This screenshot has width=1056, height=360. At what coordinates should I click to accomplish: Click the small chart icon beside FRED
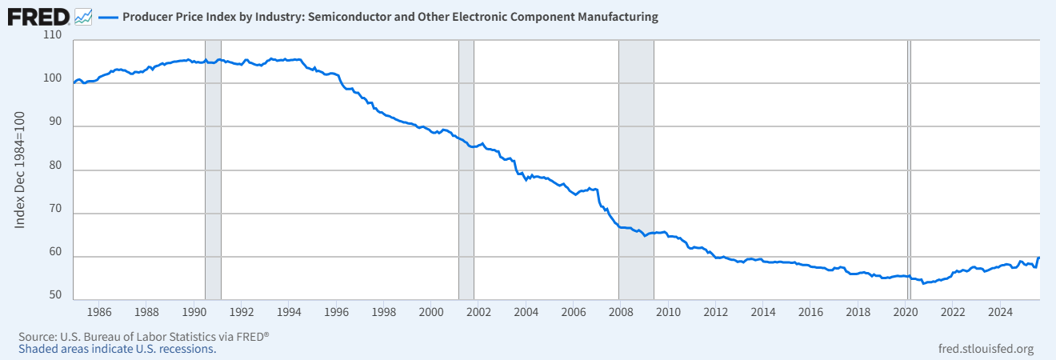[83, 16]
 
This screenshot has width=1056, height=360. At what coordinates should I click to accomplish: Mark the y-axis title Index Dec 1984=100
[21, 170]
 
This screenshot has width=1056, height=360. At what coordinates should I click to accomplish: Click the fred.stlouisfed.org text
[985, 349]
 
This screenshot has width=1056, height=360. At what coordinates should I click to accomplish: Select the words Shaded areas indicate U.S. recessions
[117, 349]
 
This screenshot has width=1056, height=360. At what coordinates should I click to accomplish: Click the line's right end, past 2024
[1038, 258]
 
